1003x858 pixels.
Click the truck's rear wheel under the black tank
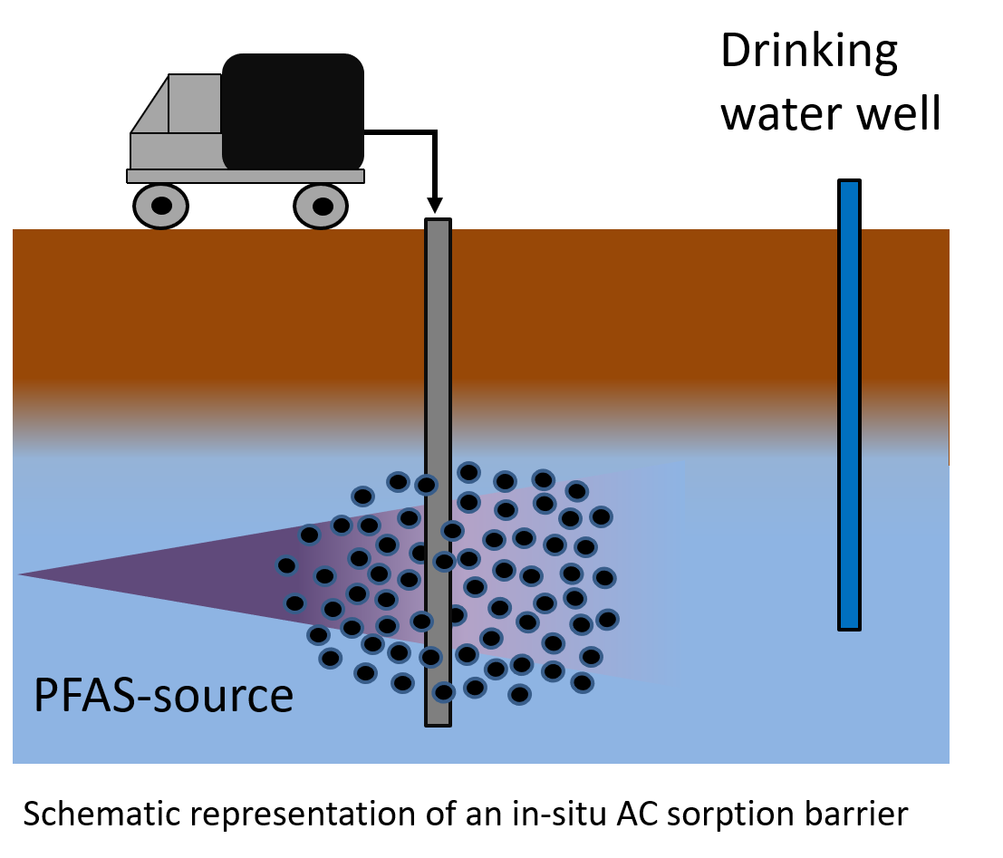[x=321, y=207]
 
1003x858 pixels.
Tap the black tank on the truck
[x=293, y=111]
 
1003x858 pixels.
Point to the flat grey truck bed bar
[x=245, y=176]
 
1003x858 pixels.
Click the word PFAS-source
[x=163, y=697]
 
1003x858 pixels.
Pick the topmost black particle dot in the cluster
[x=468, y=472]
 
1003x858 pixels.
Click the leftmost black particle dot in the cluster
[x=286, y=565]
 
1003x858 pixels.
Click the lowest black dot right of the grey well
[x=519, y=695]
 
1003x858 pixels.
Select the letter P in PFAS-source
[x=43, y=697]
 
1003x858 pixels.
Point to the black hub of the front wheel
[x=161, y=206]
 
